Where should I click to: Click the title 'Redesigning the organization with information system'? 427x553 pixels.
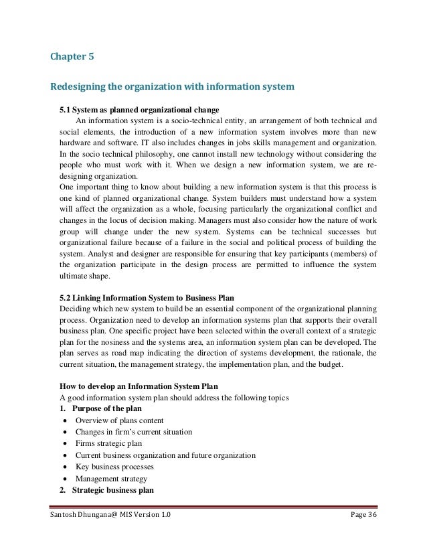(172, 86)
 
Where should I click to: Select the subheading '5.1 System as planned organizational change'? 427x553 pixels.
(139, 110)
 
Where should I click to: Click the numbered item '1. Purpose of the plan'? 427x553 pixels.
(97, 408)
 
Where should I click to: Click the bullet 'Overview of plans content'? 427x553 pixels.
(121, 420)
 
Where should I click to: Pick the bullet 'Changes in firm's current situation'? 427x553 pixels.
(134, 432)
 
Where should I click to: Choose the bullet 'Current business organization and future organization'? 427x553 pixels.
(165, 455)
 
